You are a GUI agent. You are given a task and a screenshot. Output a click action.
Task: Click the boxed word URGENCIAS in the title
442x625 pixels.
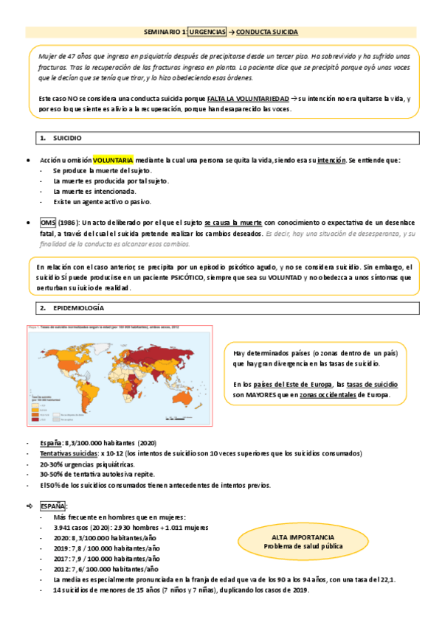[x=209, y=32]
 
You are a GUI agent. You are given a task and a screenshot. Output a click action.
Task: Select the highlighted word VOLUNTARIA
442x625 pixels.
[x=113, y=160]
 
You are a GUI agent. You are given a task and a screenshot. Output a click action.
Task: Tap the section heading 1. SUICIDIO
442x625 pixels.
[x=67, y=138]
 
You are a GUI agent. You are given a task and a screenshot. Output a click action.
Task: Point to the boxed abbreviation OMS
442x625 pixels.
[x=46, y=223]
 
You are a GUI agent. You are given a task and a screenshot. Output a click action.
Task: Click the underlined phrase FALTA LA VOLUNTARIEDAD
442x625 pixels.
[x=248, y=98]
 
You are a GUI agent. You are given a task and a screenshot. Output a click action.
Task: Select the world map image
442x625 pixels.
[x=120, y=366]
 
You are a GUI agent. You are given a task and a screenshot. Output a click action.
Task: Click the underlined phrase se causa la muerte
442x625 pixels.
[x=232, y=223]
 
